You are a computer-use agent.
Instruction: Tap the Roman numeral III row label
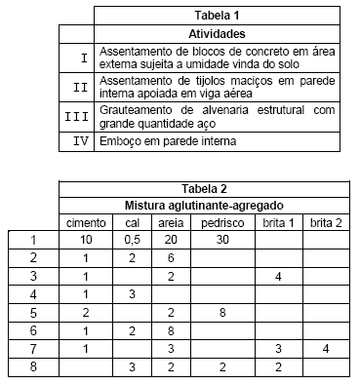pos(81,116)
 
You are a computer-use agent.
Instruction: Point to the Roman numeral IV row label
pos(81,142)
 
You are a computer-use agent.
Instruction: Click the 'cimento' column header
pos(86,223)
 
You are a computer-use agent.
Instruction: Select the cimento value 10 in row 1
pos(86,240)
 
